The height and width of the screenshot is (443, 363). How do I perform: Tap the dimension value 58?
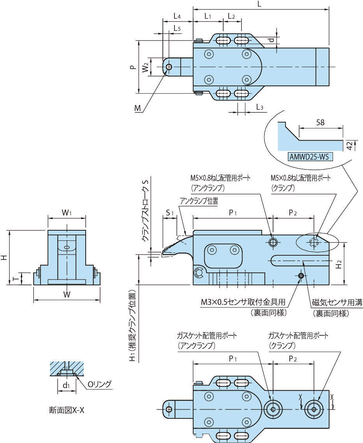tap(320, 122)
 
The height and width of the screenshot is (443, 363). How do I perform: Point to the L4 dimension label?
tap(177, 16)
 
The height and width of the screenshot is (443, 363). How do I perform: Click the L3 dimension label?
tap(260, 107)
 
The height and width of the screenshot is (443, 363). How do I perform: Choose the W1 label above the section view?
tap(67, 213)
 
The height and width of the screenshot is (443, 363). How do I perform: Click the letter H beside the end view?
tap(4, 258)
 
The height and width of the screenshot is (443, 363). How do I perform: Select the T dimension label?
tap(15, 279)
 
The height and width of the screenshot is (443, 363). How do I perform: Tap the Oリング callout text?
tap(99, 384)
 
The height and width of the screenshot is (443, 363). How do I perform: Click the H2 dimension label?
tap(339, 264)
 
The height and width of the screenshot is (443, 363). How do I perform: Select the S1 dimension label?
tap(169, 213)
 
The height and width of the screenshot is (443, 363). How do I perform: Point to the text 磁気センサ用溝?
tap(337, 302)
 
